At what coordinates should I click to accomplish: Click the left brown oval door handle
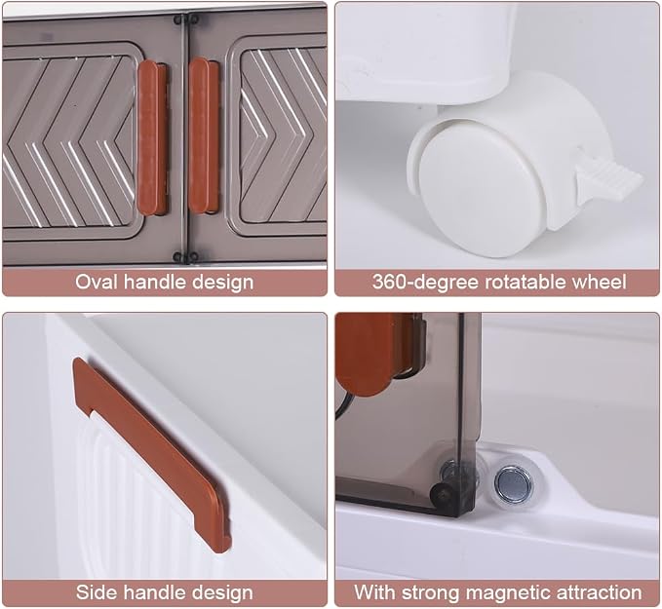(x=152, y=138)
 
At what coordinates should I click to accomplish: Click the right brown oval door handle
(x=204, y=135)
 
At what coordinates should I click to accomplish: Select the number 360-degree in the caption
(x=425, y=282)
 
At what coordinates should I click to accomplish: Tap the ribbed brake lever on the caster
(x=608, y=179)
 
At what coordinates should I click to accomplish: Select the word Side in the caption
(x=94, y=592)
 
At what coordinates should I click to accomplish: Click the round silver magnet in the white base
(x=514, y=483)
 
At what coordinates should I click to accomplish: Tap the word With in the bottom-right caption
(x=374, y=592)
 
